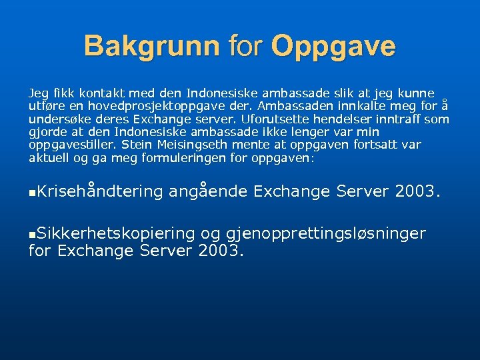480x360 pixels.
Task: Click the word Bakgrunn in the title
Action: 151,46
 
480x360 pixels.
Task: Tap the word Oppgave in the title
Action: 333,46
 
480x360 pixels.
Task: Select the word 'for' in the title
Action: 245,46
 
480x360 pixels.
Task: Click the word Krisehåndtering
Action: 101,191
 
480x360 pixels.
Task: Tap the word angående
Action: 208,191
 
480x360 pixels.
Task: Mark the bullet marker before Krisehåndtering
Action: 32,193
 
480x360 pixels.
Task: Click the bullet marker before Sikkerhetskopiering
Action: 32,234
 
